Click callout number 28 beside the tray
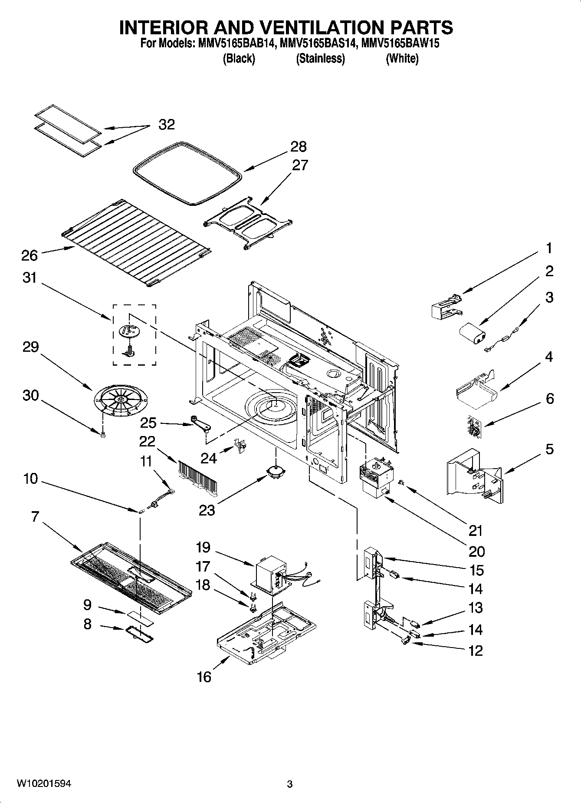(299, 147)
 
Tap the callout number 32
(167, 125)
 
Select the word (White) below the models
(402, 59)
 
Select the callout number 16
(204, 676)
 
